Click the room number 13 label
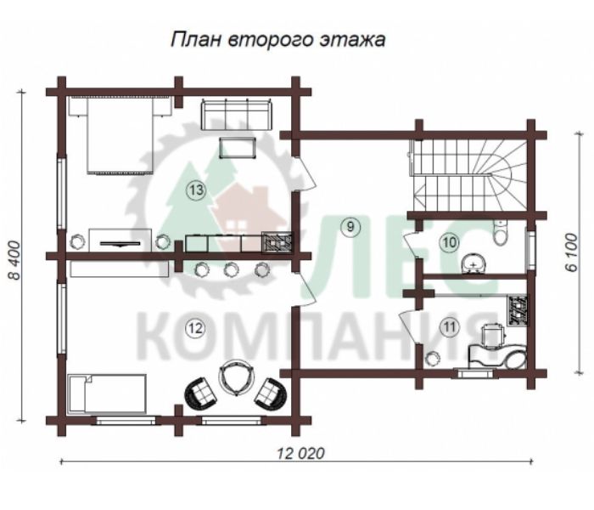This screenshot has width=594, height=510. [x=196, y=190]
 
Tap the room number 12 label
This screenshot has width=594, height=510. [x=195, y=328]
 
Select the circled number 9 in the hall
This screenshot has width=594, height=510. [x=350, y=227]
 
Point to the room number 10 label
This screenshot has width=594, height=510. [x=450, y=241]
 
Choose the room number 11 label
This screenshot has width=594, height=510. [x=450, y=326]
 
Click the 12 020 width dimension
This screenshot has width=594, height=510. [x=300, y=453]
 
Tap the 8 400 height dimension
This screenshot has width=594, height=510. [x=14, y=260]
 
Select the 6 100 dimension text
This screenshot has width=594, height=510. [x=571, y=252]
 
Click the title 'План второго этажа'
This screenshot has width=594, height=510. [x=278, y=39]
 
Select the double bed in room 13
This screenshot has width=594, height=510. [x=120, y=135]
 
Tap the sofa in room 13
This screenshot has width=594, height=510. [x=237, y=114]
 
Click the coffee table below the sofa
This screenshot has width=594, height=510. [x=238, y=148]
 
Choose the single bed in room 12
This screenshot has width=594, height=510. [x=107, y=394]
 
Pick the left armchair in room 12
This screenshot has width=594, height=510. [x=201, y=392]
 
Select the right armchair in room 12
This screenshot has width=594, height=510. [x=271, y=393]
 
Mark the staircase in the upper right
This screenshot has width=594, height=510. [x=468, y=175]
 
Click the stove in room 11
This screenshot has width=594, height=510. [x=517, y=310]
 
